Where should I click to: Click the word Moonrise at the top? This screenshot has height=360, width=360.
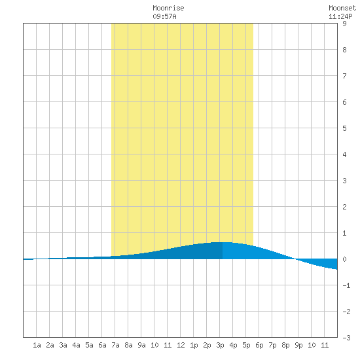pyautogui.click(x=168, y=8)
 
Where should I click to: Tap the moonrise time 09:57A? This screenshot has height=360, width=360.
pyautogui.click(x=164, y=16)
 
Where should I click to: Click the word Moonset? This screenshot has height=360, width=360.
pyautogui.click(x=342, y=8)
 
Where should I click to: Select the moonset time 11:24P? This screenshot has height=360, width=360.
pyautogui.click(x=340, y=16)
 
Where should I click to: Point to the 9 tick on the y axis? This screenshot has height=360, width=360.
pyautogui.click(x=344, y=24)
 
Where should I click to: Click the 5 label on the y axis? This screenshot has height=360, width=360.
pyautogui.click(x=344, y=128)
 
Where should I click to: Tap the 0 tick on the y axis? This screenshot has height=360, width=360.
pyautogui.click(x=344, y=259)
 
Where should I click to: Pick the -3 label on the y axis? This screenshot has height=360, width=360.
pyautogui.click(x=346, y=338)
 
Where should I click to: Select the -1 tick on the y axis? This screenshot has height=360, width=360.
pyautogui.click(x=346, y=285)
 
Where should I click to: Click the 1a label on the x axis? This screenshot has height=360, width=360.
pyautogui.click(x=37, y=345)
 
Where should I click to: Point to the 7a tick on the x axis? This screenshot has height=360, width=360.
pyautogui.click(x=115, y=345)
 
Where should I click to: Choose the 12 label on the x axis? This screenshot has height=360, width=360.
pyautogui.click(x=181, y=345)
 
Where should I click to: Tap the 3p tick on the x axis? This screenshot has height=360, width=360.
pyautogui.click(x=220, y=345)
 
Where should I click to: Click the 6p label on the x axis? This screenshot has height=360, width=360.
pyautogui.click(x=259, y=345)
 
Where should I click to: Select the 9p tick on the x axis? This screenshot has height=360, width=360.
pyautogui.click(x=298, y=345)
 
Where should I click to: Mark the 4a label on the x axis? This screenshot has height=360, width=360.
pyautogui.click(x=76, y=345)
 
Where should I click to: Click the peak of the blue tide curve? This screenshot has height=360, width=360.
pyautogui.click(x=223, y=242)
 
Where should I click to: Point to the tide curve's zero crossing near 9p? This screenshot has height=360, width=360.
pyautogui.click(x=296, y=259)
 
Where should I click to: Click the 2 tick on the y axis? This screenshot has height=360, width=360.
pyautogui.click(x=344, y=207)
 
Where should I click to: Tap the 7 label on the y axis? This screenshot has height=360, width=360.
pyautogui.click(x=344, y=76)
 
